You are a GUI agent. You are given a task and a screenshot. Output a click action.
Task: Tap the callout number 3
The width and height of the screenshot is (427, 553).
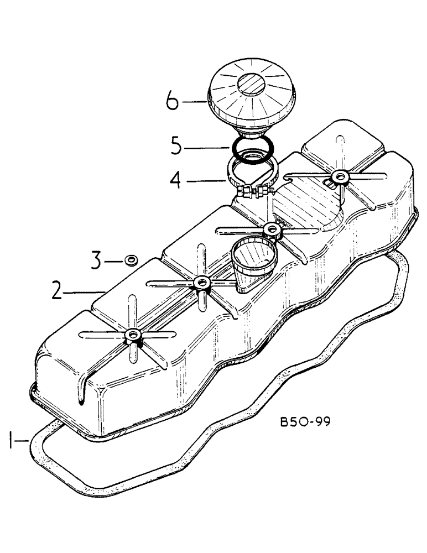(96, 260)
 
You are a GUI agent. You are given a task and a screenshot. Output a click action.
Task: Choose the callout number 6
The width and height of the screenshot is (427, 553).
(171, 102)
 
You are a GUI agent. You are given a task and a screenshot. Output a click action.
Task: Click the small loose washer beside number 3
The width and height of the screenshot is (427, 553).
(131, 259)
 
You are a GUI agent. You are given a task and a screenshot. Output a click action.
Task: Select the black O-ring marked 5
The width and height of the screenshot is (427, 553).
(253, 149)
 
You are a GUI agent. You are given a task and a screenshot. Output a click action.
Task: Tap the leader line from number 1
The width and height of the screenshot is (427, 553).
(25, 441)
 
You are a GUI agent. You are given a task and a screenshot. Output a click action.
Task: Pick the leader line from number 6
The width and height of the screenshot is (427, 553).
(194, 101)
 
